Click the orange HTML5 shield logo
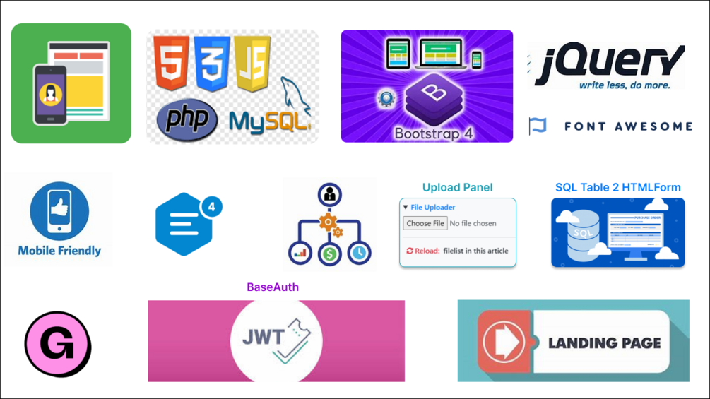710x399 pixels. pyautogui.click(x=172, y=64)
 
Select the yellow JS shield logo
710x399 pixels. pyautogui.click(x=253, y=64)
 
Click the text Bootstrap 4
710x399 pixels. pyautogui.click(x=434, y=133)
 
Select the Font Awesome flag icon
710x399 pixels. pyautogui.click(x=538, y=126)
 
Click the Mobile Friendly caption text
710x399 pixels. pyautogui.click(x=59, y=251)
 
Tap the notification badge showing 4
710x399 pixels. pyautogui.click(x=211, y=207)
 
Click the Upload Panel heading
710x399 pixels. pyautogui.click(x=457, y=187)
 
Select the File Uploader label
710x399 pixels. pyautogui.click(x=432, y=208)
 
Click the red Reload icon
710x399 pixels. pyautogui.click(x=410, y=251)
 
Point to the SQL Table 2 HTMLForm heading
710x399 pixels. pyautogui.click(x=617, y=187)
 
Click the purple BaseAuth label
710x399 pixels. pyautogui.click(x=273, y=287)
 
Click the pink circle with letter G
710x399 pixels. pyautogui.click(x=58, y=345)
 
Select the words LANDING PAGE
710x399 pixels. pyautogui.click(x=604, y=343)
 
